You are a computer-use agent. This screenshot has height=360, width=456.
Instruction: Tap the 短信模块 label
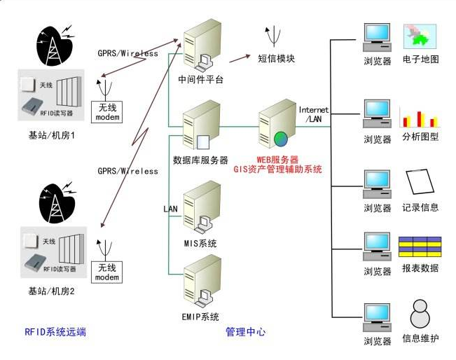coord(276,59)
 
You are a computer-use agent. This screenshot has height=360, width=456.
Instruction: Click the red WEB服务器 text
coord(277,159)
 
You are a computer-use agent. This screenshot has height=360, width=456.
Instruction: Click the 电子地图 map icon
coord(420,35)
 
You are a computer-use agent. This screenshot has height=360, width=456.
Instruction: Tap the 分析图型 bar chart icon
coord(418,116)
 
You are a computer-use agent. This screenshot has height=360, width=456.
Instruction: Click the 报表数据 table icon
coord(420,247)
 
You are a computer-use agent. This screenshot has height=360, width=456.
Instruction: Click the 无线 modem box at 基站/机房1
coord(107,111)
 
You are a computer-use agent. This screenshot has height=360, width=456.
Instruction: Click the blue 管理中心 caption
coord(245,331)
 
